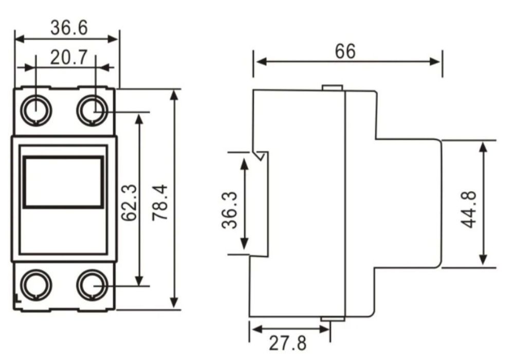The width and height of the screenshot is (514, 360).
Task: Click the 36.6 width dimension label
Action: (69, 28)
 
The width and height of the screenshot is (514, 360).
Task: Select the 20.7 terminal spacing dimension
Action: (69, 58)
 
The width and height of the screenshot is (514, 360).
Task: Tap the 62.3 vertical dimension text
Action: (129, 202)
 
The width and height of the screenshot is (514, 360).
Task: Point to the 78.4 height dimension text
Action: (160, 202)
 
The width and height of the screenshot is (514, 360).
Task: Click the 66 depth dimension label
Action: (345, 51)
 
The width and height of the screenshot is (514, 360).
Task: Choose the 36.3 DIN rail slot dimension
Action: (229, 210)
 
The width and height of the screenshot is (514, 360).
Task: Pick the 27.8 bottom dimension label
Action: (288, 343)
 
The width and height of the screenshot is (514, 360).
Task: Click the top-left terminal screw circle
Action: (36, 110)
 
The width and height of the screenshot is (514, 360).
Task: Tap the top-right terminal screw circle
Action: (93, 110)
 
